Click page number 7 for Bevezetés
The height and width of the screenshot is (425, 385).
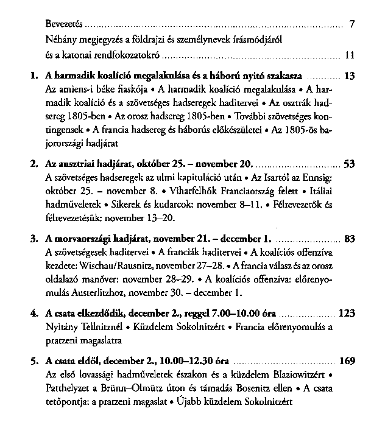point(352,25)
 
